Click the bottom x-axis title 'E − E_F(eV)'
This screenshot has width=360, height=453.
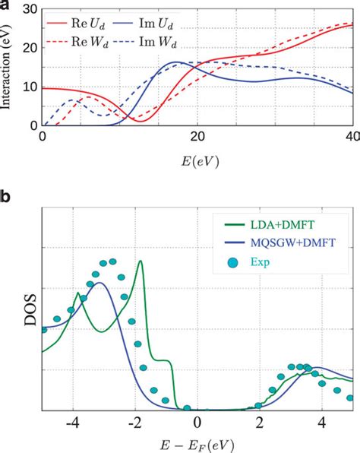tap(197, 442)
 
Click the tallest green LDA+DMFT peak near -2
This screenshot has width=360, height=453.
tap(140, 261)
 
